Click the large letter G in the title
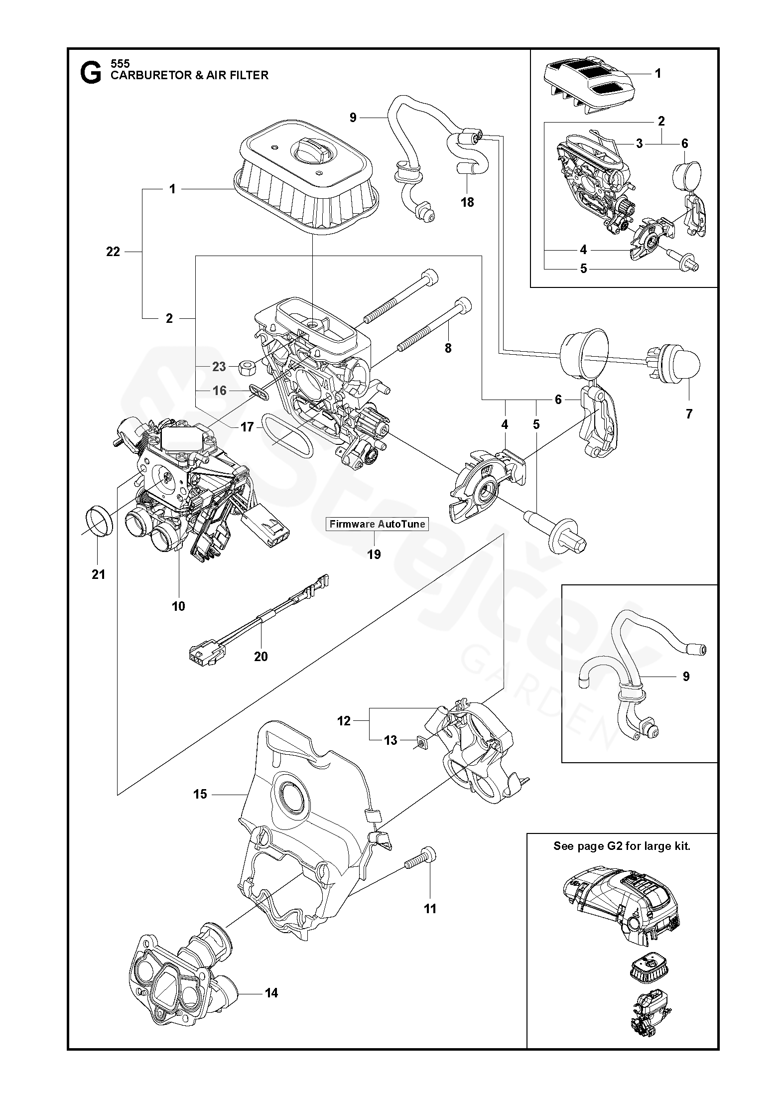(90, 73)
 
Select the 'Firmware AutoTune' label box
(377, 524)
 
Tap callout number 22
(114, 252)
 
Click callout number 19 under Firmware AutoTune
(374, 554)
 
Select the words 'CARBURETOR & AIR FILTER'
(189, 75)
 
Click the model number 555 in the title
(120, 64)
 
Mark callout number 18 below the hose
(467, 202)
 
